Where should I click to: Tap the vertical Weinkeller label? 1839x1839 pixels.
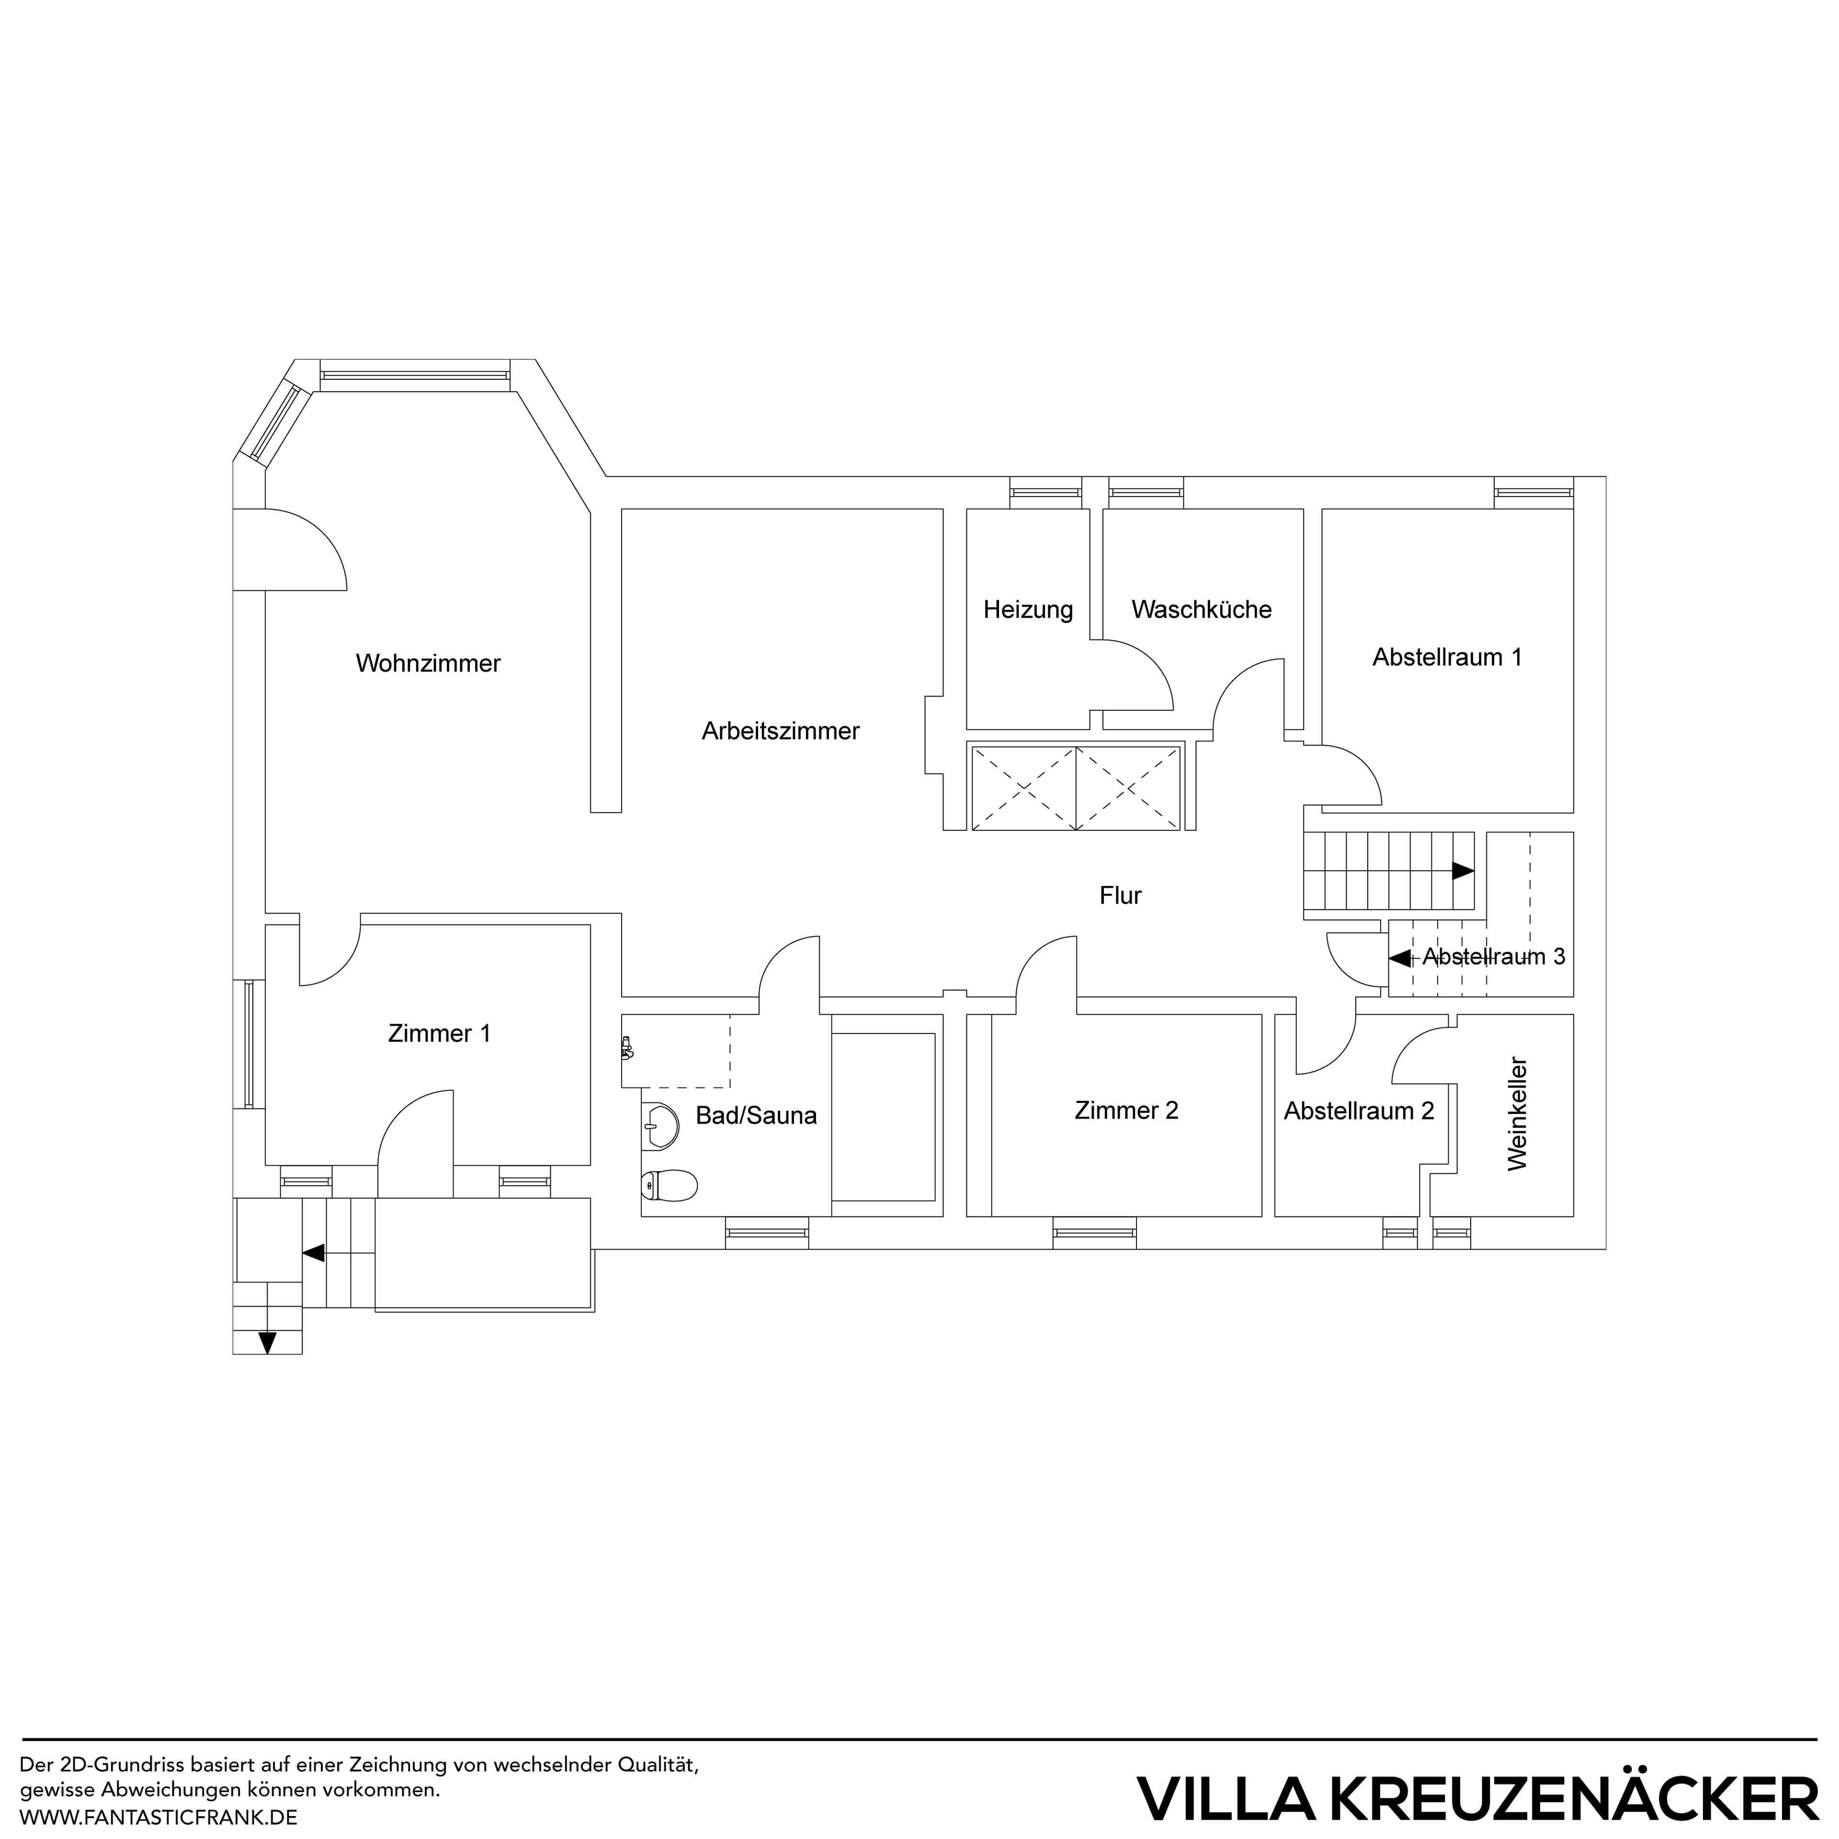(x=1517, y=1113)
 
